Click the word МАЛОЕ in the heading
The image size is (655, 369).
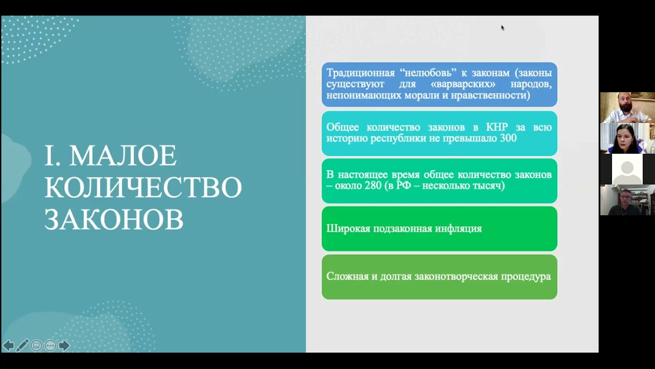click(x=123, y=156)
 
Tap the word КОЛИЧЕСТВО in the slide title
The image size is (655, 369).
click(x=143, y=188)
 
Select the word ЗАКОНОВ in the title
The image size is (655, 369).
click(x=114, y=219)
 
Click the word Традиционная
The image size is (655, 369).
click(x=360, y=73)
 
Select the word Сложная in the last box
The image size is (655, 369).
click(x=347, y=277)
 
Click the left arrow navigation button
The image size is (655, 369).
click(x=8, y=346)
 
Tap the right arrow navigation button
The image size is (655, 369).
click(x=64, y=346)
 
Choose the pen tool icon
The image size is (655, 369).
click(x=22, y=346)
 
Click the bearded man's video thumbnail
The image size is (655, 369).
click(x=627, y=107)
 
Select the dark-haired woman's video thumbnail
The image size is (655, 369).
click(x=627, y=138)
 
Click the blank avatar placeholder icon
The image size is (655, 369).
click(x=627, y=169)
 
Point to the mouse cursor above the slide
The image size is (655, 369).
click(x=503, y=28)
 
